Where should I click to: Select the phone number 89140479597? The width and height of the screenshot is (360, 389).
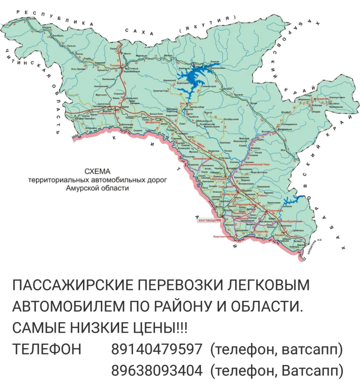click(157, 349)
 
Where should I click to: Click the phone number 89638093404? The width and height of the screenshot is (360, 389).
click(157, 371)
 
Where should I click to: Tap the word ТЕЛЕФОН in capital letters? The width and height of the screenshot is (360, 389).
click(47, 349)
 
